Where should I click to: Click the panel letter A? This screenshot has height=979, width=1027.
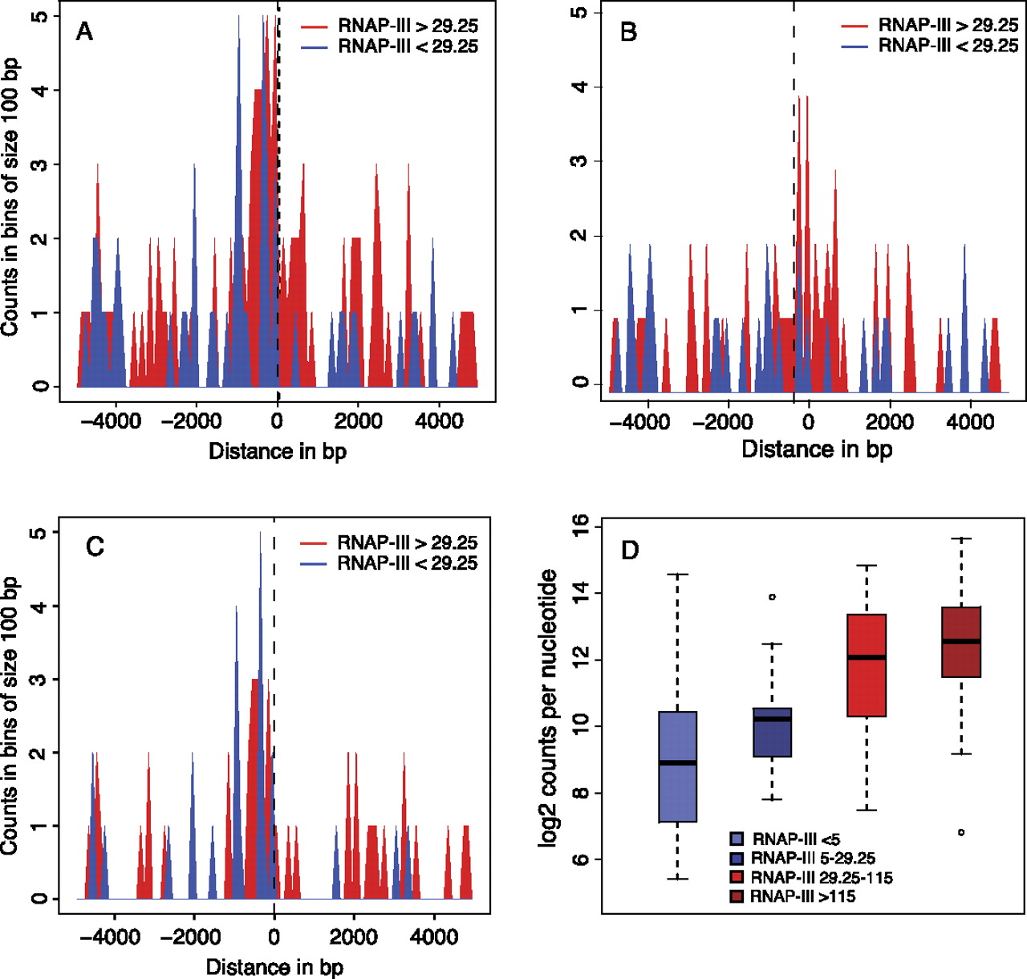[x=84, y=32]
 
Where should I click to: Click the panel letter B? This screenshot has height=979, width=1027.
[x=629, y=32]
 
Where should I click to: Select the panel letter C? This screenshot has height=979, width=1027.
[x=95, y=547]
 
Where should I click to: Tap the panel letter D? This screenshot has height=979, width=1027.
[x=630, y=550]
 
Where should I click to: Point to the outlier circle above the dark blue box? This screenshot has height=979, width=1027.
[x=772, y=597]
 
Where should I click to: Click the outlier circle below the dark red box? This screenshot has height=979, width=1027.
[x=961, y=832]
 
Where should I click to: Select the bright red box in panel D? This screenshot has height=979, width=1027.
[x=867, y=665]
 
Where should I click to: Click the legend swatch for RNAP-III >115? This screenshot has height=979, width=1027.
[x=737, y=896]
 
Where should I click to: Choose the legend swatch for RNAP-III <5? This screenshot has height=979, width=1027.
[x=737, y=839]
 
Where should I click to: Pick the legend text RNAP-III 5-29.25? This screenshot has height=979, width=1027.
[x=813, y=859]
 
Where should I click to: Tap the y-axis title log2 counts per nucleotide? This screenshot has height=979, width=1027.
[x=549, y=708]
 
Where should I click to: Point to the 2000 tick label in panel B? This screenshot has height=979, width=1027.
[x=890, y=422]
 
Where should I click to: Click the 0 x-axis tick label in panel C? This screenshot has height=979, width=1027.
[x=274, y=937]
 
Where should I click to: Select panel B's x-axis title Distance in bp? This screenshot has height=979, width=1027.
[x=816, y=449]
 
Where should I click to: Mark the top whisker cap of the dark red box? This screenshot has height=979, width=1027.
[x=961, y=538]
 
